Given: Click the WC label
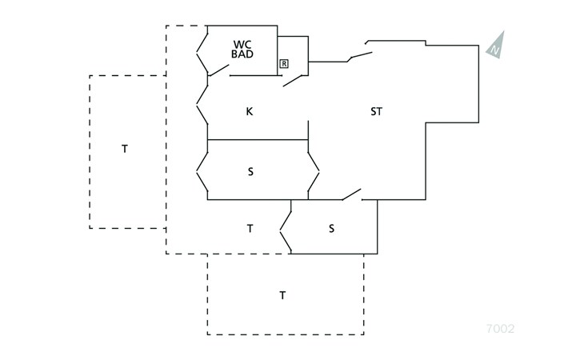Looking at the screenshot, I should pyautogui.click(x=243, y=44).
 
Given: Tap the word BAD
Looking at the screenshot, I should pyautogui.click(x=243, y=54).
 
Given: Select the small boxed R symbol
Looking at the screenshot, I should pyautogui.click(x=284, y=62).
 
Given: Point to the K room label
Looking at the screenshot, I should pyautogui.click(x=250, y=112).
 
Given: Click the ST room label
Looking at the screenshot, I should pyautogui.click(x=376, y=112).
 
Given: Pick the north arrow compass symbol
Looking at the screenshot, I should pyautogui.click(x=496, y=44).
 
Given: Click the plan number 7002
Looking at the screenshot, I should pyautogui.click(x=500, y=328).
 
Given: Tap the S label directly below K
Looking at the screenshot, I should pyautogui.click(x=250, y=171).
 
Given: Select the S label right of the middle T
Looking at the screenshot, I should pyautogui.click(x=331, y=228).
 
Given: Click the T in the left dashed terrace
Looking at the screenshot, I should pyautogui.click(x=125, y=149).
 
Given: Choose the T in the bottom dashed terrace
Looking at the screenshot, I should pyautogui.click(x=282, y=296).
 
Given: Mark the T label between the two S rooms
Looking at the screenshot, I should pyautogui.click(x=250, y=229).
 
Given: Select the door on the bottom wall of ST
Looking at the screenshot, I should pyautogui.click(x=350, y=194).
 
